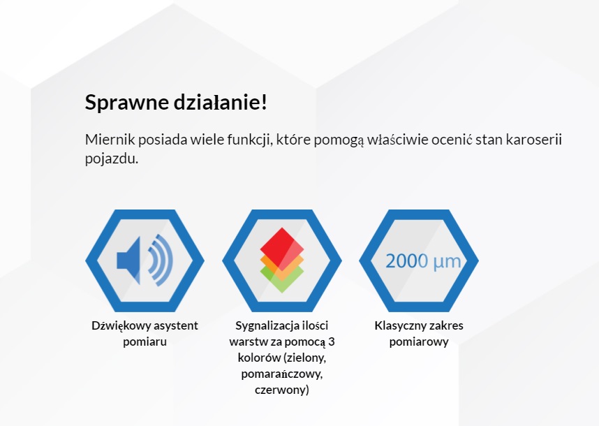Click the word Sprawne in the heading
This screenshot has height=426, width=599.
127,103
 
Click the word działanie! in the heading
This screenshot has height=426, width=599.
221,102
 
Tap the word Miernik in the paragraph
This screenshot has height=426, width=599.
110,140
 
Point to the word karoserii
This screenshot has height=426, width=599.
533,140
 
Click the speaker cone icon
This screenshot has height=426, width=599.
128,260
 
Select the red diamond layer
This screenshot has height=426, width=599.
282,249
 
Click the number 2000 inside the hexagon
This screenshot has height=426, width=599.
407,261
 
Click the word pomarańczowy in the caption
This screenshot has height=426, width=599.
281,374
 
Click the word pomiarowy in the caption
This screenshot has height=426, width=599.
419,341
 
